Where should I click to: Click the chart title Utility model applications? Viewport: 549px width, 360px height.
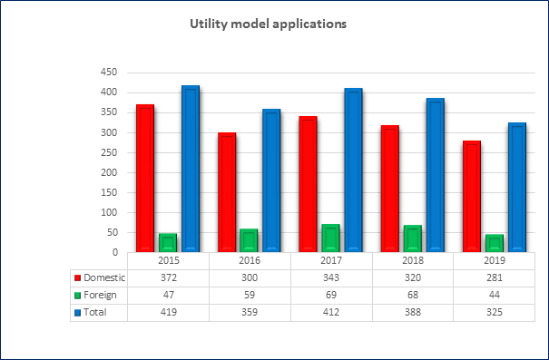[269, 24]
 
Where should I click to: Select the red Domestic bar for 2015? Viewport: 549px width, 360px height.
[145, 178]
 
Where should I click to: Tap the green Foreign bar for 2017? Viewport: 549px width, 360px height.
[331, 238]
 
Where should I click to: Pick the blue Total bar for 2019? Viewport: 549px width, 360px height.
[517, 187]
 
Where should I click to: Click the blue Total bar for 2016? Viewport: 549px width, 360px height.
[271, 180]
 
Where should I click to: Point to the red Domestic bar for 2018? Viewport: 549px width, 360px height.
[390, 189]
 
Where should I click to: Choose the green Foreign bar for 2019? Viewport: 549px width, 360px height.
[495, 243]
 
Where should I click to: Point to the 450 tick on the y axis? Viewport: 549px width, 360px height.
[109, 73]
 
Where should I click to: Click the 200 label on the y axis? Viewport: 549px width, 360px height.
[109, 172]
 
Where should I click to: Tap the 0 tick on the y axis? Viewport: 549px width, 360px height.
[115, 252]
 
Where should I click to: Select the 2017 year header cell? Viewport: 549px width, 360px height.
[331, 260]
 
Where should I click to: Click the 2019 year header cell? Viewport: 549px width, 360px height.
[495, 260]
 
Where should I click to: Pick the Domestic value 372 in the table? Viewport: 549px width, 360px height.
[169, 277]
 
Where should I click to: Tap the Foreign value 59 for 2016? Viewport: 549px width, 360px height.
[250, 295]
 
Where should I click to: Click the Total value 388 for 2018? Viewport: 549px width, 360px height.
[413, 312]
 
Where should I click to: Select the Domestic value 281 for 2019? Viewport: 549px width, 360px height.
[495, 277]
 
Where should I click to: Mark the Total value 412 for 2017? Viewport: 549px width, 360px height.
[331, 312]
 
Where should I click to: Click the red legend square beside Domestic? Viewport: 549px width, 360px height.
[78, 278]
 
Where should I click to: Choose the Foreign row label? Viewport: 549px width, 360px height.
[100, 295]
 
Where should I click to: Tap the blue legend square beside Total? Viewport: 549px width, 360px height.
[78, 313]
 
